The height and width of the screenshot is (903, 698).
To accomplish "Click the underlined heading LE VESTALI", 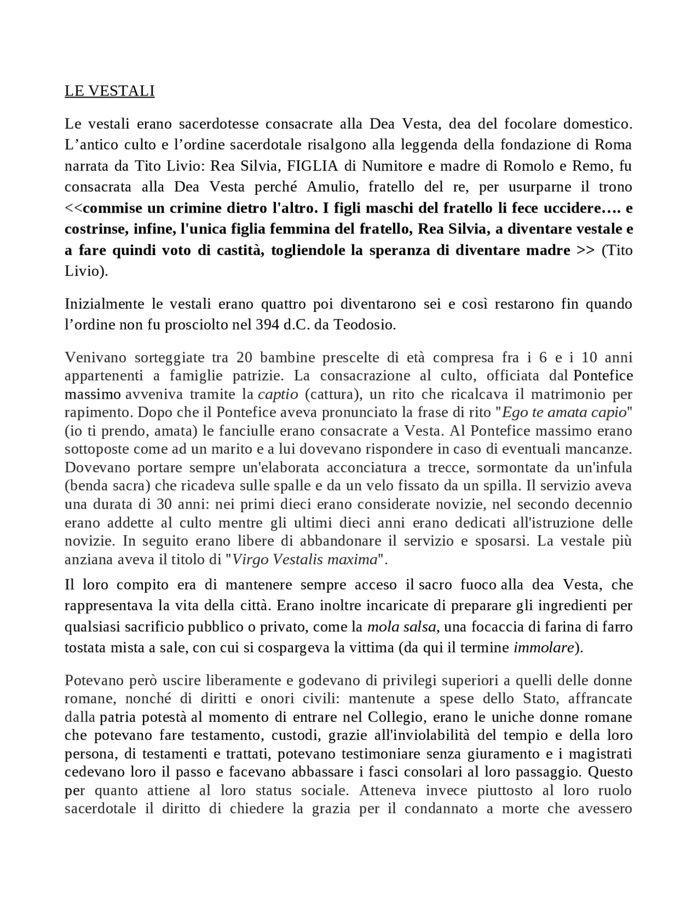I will coord(110,91).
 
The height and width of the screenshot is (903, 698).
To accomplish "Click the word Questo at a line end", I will coord(610,772).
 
